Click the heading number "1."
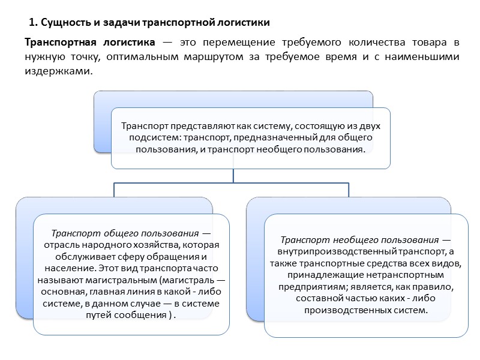pyautogui.click(x=33, y=23)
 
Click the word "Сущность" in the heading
pyautogui.click(x=62, y=23)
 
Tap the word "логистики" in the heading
pyautogui.click(x=244, y=23)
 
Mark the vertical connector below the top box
pyautogui.click(x=233, y=175)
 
